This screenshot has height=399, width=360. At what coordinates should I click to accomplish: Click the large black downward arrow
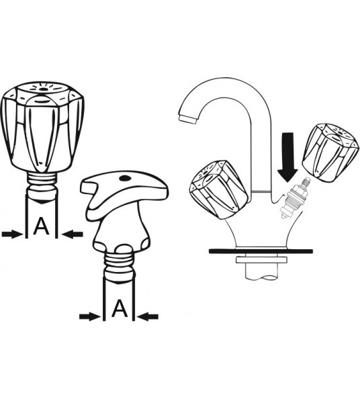pyautogui.click(x=287, y=157)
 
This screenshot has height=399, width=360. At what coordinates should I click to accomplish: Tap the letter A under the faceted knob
pyautogui.click(x=41, y=226)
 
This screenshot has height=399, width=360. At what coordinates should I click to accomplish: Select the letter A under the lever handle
pyautogui.click(x=120, y=308)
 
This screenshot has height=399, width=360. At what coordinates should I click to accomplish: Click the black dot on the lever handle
pyautogui.click(x=125, y=178)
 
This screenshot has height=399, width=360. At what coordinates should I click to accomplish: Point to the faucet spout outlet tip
pyautogui.click(x=188, y=118)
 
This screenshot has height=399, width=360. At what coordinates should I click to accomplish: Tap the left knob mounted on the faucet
pyautogui.click(x=219, y=189)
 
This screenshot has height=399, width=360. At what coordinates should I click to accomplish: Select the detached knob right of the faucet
pyautogui.click(x=330, y=152)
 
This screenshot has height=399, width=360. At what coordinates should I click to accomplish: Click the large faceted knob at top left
pyautogui.click(x=42, y=126)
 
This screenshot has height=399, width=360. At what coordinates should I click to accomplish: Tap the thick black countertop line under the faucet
pyautogui.click(x=261, y=251)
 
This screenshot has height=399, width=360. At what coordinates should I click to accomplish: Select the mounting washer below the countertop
pyautogui.click(x=261, y=260)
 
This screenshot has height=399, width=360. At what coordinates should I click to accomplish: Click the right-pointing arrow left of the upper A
pyautogui.click(x=12, y=234)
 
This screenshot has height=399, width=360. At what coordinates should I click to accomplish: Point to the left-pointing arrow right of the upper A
pyautogui.click(x=73, y=234)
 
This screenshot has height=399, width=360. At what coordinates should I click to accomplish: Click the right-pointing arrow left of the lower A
pyautogui.click(x=89, y=316)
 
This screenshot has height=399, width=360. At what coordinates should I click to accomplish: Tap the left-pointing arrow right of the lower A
pyautogui.click(x=148, y=316)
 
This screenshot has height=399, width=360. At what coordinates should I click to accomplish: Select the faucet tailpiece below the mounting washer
pyautogui.click(x=261, y=272)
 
